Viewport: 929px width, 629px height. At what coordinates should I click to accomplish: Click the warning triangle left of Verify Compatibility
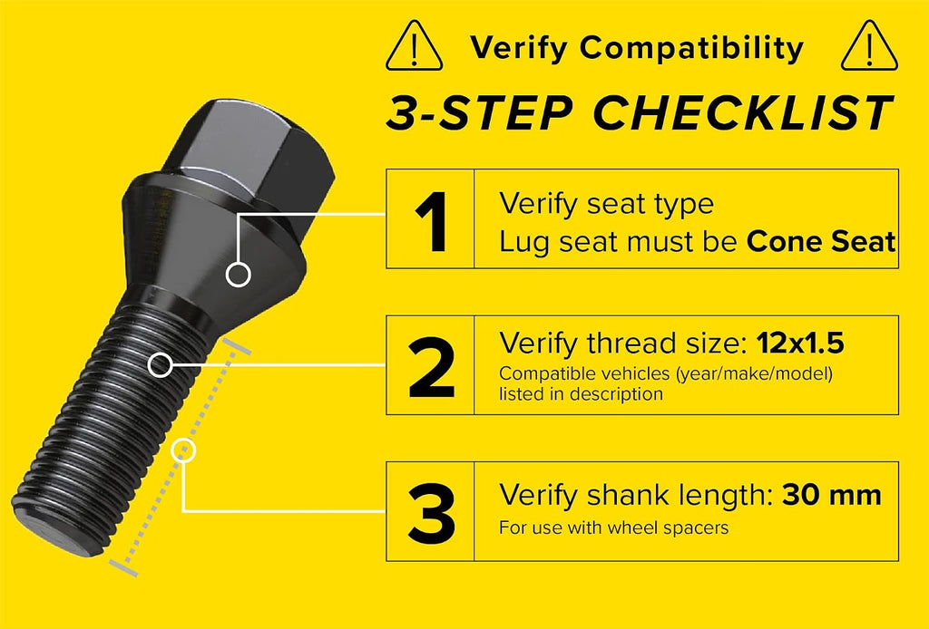coord(414,45)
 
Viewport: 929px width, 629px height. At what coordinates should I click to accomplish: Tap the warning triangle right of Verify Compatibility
coord(869,45)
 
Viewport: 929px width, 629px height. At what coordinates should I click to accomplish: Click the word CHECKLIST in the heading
coord(743,112)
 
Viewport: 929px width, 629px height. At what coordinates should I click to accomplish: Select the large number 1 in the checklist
coord(432,221)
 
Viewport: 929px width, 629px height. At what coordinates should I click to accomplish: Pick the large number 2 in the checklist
coord(431,367)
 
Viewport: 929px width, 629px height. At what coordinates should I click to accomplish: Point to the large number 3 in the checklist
coord(431,513)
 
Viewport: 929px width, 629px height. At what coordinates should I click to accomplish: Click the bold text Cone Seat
coord(820,241)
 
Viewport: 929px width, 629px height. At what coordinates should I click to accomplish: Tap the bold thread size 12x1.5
coord(800,344)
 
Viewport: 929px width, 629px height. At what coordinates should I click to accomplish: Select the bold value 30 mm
coord(831,495)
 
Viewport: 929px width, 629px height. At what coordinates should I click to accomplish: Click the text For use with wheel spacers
coord(614,527)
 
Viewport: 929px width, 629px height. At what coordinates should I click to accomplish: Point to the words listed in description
coord(581,394)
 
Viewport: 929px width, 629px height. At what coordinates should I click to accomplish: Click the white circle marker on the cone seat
coord(239,275)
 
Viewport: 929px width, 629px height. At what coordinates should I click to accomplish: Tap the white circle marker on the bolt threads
coord(160,365)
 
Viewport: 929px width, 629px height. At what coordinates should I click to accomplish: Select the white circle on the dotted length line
coord(183,450)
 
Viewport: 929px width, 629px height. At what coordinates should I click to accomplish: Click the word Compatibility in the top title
coord(691,49)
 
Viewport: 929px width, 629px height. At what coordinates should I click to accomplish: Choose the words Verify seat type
coord(606,204)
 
